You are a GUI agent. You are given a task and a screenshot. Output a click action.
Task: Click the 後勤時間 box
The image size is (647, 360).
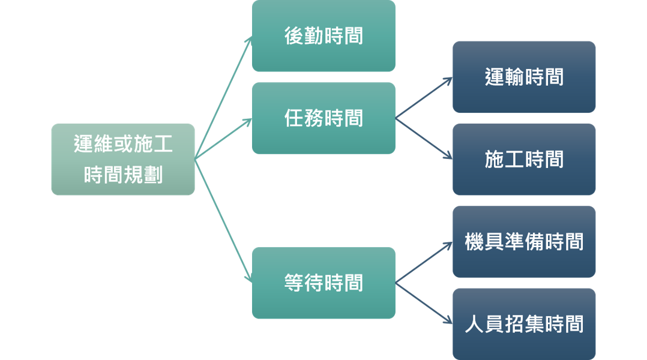click(323, 36)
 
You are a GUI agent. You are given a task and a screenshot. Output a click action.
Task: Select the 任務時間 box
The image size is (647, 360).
click(323, 118)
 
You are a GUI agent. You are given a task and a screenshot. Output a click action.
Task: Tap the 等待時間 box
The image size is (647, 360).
click(323, 283)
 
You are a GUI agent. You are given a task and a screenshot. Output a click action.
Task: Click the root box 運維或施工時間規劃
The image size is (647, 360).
click(123, 159)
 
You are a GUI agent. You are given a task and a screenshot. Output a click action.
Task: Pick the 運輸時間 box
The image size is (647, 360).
click(524, 77)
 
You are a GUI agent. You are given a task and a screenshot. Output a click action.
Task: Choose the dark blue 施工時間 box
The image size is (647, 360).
click(524, 159)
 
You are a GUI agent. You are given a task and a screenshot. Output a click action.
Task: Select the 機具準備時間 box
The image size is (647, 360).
click(524, 242)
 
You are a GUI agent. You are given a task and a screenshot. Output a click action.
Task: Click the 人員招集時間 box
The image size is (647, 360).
click(524, 324)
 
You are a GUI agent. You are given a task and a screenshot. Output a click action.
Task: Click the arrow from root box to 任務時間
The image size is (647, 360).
click(223, 139)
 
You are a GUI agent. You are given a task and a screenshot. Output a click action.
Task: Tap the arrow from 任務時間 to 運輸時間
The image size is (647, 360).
click(424, 98)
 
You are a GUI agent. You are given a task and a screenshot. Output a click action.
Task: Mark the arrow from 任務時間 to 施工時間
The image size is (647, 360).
click(424, 139)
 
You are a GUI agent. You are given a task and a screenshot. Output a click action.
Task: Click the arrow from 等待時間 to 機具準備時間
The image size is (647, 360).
click(424, 263)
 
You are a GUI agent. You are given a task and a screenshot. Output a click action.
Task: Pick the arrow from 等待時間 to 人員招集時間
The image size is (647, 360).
click(424, 303)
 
